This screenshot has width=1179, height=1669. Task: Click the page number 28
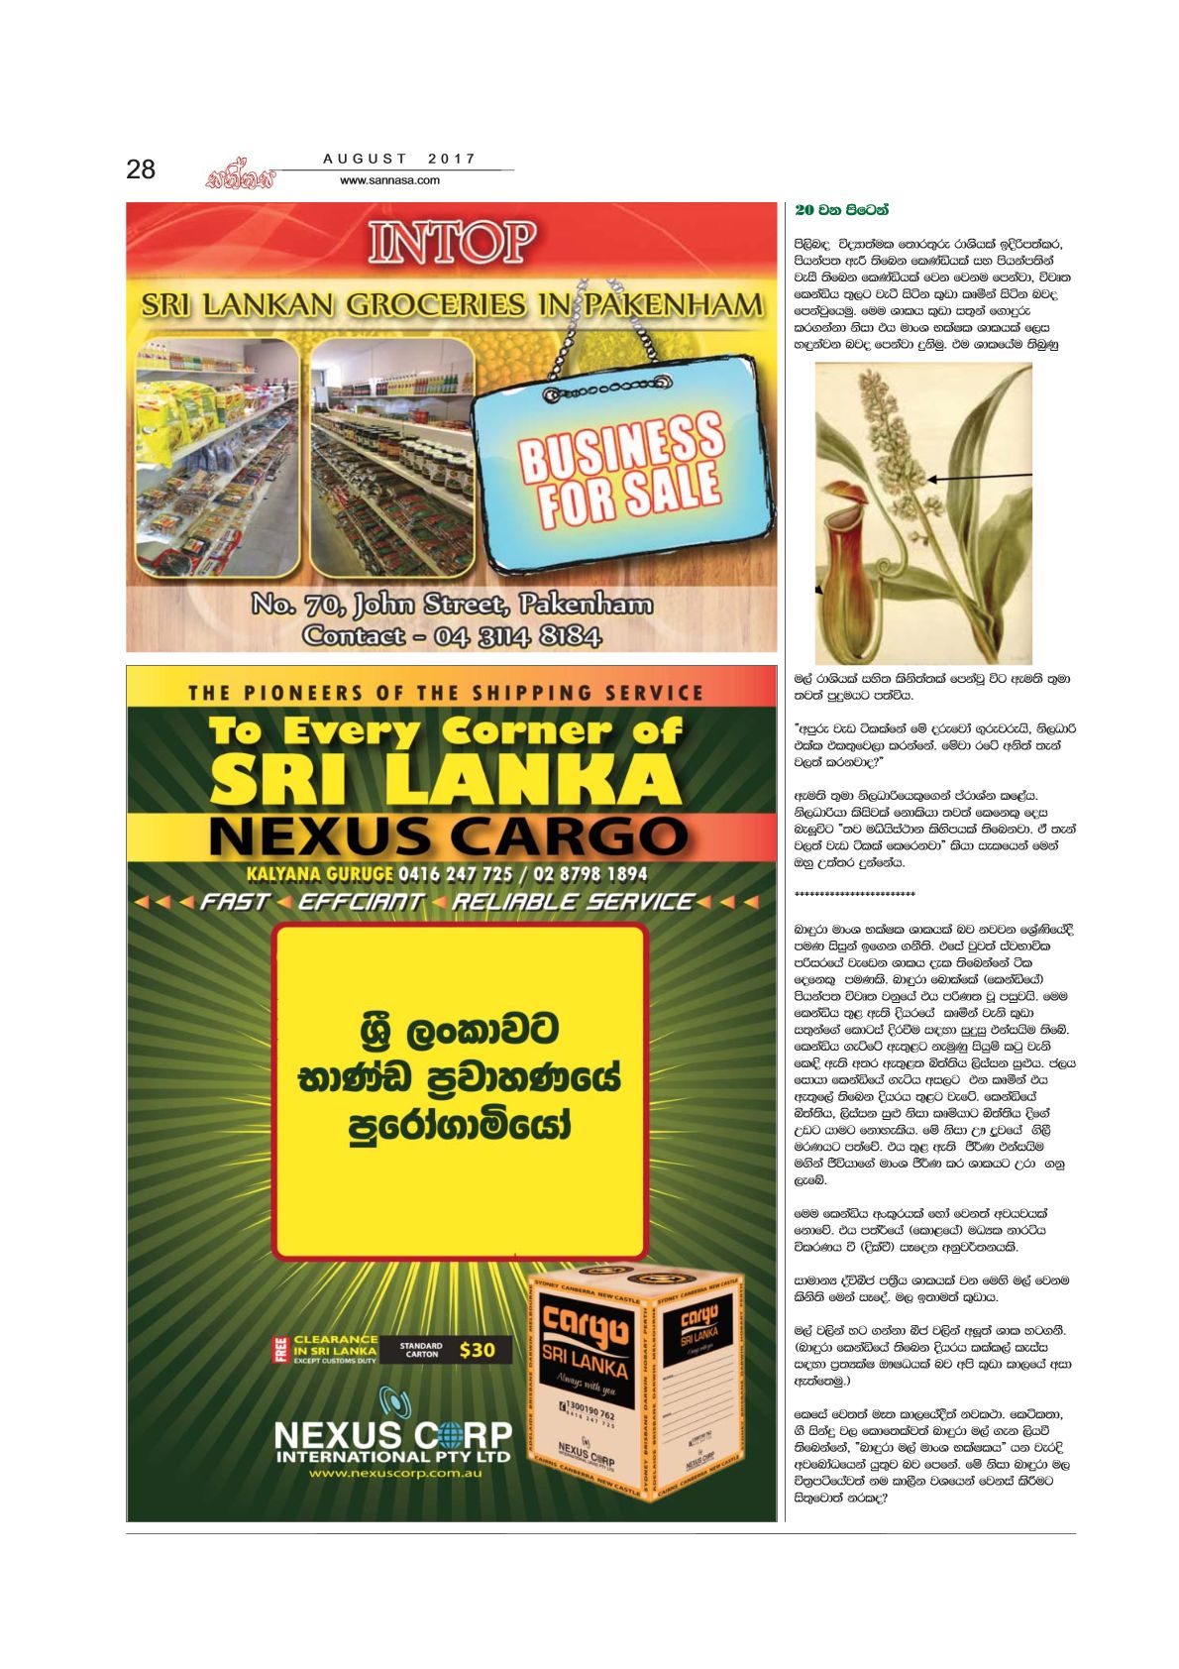[141, 169]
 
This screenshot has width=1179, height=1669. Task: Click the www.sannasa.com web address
[389, 180]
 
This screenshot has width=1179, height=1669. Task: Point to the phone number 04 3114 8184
[518, 635]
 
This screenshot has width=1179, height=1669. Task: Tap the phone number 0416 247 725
[455, 874]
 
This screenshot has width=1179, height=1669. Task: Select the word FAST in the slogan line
[235, 902]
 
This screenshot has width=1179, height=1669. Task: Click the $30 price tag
[478, 1350]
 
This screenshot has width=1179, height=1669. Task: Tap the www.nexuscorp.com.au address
[394, 1474]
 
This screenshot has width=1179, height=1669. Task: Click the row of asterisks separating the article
[854, 894]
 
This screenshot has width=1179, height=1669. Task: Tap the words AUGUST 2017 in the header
[399, 159]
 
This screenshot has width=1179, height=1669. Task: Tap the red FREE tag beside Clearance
[279, 1350]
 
